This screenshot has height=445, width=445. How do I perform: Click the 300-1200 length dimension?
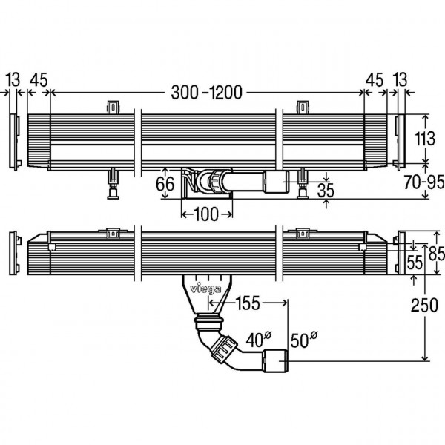click(x=207, y=93)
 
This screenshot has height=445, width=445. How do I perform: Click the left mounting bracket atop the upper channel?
click(x=113, y=108)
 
